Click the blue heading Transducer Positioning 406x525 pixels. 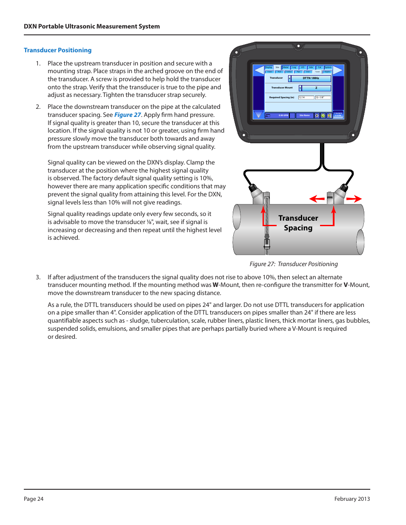(57, 50)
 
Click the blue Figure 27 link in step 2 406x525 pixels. (127, 115)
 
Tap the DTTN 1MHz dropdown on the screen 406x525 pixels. (311, 78)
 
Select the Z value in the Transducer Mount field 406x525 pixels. (316, 88)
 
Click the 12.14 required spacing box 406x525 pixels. (306, 97)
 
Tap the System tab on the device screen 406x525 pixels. (328, 67)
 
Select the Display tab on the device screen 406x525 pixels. (269, 67)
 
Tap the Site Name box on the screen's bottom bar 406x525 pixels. (304, 115)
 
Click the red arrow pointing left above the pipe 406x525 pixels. (317, 199)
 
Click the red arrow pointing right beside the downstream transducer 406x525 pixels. (354, 199)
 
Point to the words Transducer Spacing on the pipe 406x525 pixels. (298, 223)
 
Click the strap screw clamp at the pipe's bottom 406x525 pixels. (267, 244)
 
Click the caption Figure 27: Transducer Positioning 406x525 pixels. (294, 264)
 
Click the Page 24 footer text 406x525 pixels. (34, 499)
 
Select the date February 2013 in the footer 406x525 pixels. (352, 499)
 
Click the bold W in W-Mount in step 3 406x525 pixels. (215, 285)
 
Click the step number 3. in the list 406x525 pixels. (38, 277)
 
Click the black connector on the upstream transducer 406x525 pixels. (252, 187)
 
